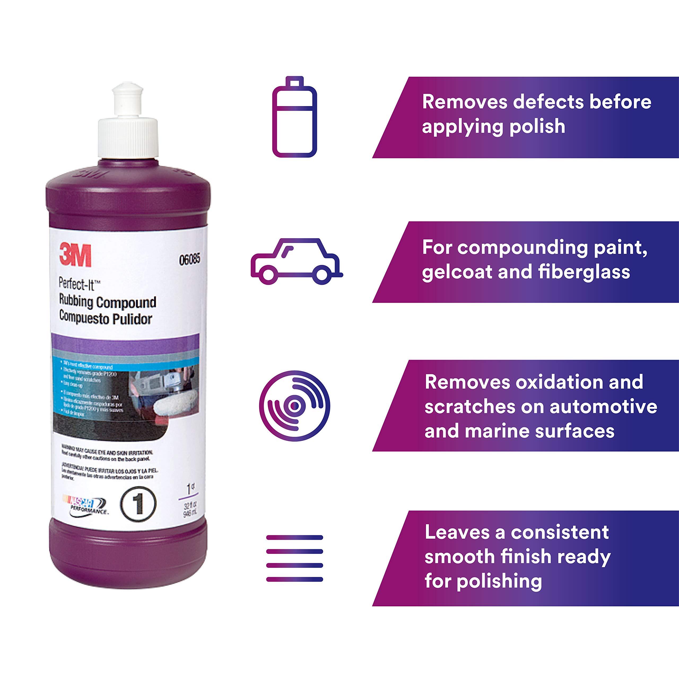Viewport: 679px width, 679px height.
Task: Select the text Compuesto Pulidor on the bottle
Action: [x=106, y=318]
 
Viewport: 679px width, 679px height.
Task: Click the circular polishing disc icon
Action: [x=294, y=406]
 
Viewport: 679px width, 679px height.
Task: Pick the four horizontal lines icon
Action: [x=294, y=559]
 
